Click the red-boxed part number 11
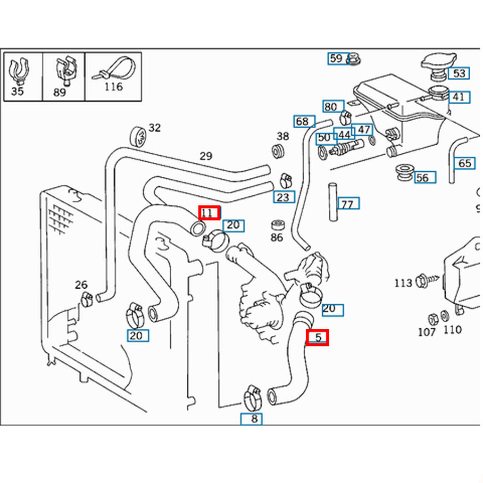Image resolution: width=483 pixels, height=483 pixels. (x=209, y=213)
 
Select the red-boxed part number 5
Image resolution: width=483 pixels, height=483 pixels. (x=317, y=337)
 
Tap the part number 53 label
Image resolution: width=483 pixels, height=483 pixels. (x=458, y=73)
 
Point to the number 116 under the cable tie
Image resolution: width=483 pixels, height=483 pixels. (x=113, y=87)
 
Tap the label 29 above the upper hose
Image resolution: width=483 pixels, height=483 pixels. (x=206, y=156)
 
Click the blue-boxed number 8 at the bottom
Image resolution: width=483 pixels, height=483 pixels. (x=251, y=419)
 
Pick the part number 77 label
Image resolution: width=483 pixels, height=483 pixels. (x=349, y=204)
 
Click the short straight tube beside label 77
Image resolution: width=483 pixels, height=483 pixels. (x=333, y=202)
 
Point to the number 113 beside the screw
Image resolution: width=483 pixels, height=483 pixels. (x=403, y=283)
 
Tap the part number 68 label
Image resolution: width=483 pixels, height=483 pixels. (x=304, y=121)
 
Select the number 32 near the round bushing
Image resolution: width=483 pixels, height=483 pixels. (x=154, y=128)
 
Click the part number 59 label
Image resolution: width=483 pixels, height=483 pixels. (x=338, y=58)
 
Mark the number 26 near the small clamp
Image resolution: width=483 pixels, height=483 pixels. (x=81, y=285)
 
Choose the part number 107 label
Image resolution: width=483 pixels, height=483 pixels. (x=426, y=332)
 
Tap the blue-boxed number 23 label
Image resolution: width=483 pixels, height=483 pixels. (x=283, y=197)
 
